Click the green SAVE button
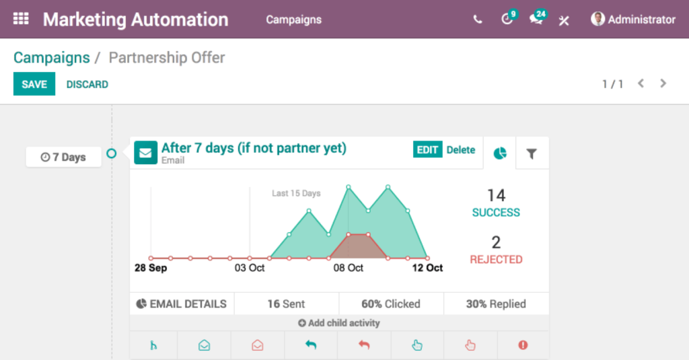click(x=34, y=84)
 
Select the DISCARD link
click(x=87, y=84)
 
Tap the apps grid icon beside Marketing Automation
click(x=21, y=19)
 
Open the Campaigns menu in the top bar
click(x=293, y=20)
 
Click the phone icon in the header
click(x=478, y=20)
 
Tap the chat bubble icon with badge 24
click(x=536, y=18)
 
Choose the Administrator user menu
click(x=633, y=20)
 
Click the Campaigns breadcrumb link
click(x=51, y=58)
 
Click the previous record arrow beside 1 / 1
click(x=641, y=83)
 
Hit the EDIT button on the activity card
click(x=427, y=150)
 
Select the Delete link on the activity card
click(x=460, y=150)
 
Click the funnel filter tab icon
click(x=532, y=153)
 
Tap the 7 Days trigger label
click(x=64, y=157)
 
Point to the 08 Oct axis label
click(x=348, y=268)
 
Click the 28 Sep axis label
click(x=151, y=268)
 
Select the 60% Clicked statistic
click(x=391, y=303)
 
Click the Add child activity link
click(x=339, y=323)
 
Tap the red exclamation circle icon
click(x=523, y=345)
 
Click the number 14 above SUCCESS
click(x=496, y=196)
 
